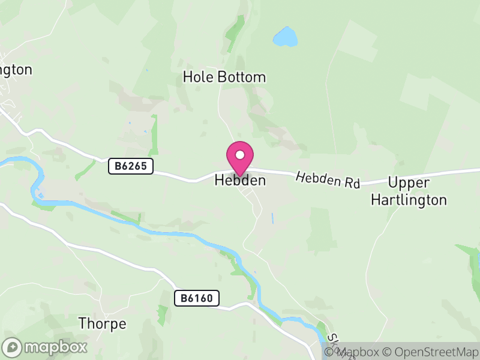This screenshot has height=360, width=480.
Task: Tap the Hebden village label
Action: [240, 179]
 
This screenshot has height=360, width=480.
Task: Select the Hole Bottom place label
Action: [224, 77]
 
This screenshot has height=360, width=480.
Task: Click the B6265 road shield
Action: [131, 166]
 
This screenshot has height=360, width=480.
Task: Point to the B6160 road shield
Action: [197, 298]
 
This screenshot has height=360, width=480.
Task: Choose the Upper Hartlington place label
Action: [409, 191]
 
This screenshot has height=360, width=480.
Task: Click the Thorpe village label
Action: [103, 324]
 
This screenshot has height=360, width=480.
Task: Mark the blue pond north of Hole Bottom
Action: [285, 37]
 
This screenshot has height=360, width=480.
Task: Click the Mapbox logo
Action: [46, 347]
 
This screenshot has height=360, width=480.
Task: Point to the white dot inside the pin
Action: [240, 155]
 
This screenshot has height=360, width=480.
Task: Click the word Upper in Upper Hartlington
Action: [409, 182]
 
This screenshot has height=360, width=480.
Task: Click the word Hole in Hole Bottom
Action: [196, 77]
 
